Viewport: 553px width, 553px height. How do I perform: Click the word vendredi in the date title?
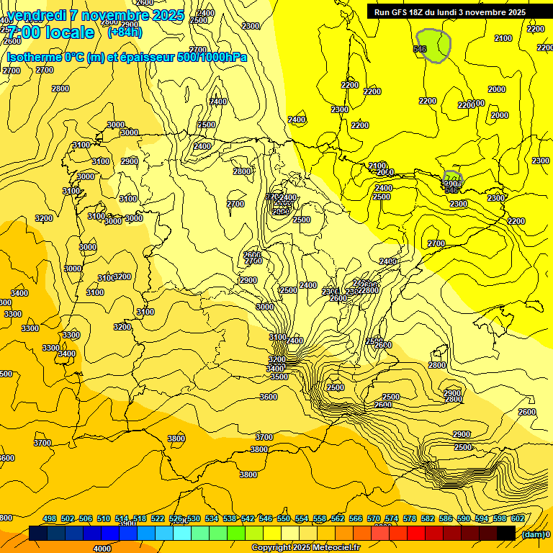[x=37, y=15]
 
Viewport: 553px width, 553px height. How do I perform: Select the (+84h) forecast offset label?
[x=125, y=32]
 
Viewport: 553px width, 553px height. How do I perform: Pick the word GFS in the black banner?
[x=401, y=12]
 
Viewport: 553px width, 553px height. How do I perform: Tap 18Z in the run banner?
[x=421, y=12]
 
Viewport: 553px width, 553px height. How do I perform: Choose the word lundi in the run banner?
[x=457, y=12]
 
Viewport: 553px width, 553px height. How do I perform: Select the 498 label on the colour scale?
[x=50, y=519]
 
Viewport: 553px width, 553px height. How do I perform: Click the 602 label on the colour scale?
[x=517, y=519]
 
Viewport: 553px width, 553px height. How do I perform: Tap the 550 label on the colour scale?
[x=284, y=519]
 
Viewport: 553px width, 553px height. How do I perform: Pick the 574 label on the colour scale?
[x=392, y=519]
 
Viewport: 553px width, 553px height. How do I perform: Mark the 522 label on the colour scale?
[x=158, y=519]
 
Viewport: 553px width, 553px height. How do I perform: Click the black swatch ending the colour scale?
[x=506, y=534]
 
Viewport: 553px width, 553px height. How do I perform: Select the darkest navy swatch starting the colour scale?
[x=38, y=534]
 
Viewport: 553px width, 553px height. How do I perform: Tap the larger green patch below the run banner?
[x=434, y=46]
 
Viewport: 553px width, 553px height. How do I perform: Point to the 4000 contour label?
[x=102, y=549]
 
